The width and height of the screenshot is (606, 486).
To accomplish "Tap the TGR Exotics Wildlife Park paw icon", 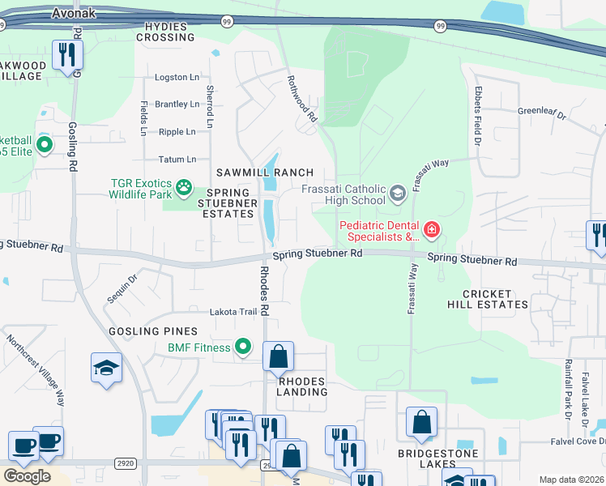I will pos(184,189).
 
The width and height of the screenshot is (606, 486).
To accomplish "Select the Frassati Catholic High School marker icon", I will pos(397,194).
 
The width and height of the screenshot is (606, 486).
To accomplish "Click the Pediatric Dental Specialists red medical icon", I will pos(431,231).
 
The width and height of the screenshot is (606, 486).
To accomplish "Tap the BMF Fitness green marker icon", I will pos(241,347).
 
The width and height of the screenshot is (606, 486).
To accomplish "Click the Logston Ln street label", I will pos(177,78).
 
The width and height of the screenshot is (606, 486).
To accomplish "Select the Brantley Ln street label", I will pos(177,104).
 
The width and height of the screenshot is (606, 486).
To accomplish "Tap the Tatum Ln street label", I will pos(177,160).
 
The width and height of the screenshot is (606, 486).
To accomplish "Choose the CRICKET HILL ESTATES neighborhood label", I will pos(487,299).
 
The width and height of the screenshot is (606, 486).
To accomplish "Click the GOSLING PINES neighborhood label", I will pos(154,331).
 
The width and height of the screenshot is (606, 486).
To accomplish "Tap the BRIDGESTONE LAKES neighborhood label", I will pos(437,459).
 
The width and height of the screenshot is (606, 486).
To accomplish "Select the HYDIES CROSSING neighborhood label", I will pos(170,32).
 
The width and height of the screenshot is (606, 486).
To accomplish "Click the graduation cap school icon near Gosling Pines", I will pos(107,369).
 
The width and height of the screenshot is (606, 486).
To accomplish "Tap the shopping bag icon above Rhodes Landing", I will pos(278,356).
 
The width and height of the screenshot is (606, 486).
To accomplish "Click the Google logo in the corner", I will pos(27,475).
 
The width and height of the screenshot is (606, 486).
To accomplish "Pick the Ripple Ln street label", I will pos(177,132).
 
